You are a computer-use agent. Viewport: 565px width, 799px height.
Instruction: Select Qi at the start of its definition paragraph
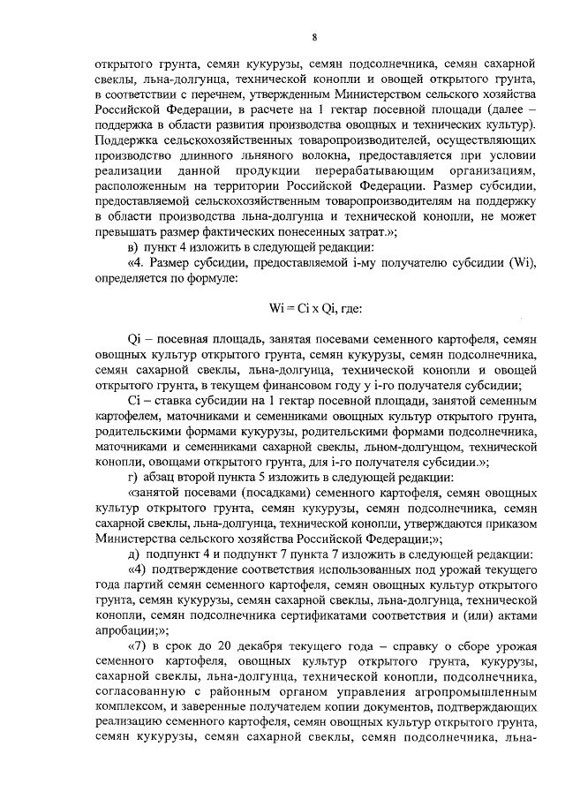pyautogui.click(x=135, y=338)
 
